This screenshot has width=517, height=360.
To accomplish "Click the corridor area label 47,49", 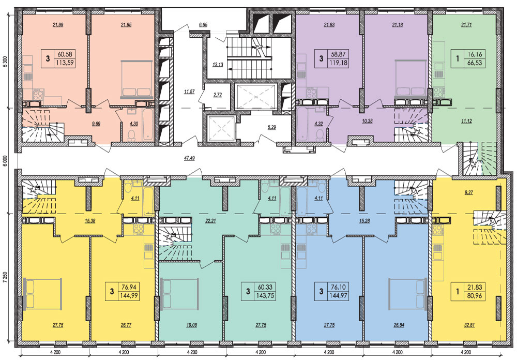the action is pyautogui.click(x=189, y=158).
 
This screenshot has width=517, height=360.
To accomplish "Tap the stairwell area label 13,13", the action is pyautogui.click(x=218, y=65).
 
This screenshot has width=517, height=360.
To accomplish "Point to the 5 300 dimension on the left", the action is pyautogui.click(x=5, y=61).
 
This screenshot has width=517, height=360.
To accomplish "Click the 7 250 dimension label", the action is pyautogui.click(x=5, y=285).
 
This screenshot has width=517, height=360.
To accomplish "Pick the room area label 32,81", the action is pyautogui.click(x=468, y=325).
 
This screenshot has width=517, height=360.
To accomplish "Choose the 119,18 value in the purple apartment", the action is pyautogui.click(x=338, y=63).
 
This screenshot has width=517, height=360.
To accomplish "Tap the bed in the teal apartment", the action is pyautogui.click(x=179, y=294).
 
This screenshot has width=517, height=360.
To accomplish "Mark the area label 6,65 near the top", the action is pyautogui.click(x=203, y=24).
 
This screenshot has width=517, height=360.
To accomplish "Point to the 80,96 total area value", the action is pyautogui.click(x=474, y=296).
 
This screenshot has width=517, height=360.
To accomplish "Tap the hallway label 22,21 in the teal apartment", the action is pyautogui.click(x=210, y=221).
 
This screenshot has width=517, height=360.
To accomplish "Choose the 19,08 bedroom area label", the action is pyautogui.click(x=191, y=325).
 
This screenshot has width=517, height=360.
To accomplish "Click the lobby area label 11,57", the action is pyautogui.click(x=189, y=92).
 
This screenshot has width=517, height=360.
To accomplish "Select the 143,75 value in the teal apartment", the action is pyautogui.click(x=264, y=296).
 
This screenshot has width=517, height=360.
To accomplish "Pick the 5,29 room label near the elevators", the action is pyautogui.click(x=272, y=127).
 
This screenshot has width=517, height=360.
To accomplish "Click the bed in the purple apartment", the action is pyautogui.click(x=411, y=79).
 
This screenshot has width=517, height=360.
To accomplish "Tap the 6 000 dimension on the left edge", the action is pyautogui.click(x=5, y=161).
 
